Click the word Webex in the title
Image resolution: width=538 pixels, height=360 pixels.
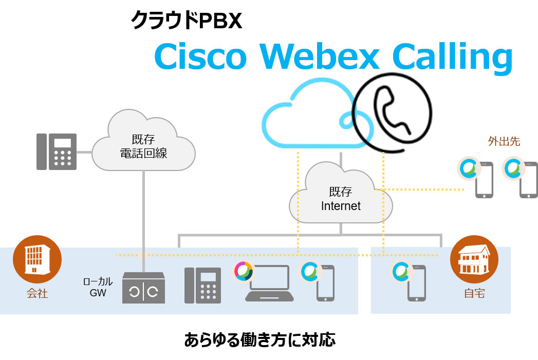tap(319, 56)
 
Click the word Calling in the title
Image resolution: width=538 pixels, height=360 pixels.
tap(452, 58)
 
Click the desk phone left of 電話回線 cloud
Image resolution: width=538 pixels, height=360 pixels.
tap(57, 151)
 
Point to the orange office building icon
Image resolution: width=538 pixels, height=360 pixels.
tap(37, 259)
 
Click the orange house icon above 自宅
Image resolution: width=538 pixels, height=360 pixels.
tap(474, 259)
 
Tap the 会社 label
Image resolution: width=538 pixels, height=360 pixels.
tap(37, 294)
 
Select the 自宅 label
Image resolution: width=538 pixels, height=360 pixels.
tap(474, 294)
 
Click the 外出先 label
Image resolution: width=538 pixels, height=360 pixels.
tap(504, 141)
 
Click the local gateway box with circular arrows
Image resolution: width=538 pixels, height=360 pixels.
tap(143, 289)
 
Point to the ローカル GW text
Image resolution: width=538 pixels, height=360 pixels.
tap(98, 287)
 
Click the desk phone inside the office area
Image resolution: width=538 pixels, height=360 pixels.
tap(202, 286)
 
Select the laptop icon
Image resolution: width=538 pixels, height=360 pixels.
tap(269, 283)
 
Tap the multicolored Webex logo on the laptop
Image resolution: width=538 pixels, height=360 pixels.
tap(244, 271)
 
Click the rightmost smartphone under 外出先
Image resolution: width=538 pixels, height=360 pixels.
tap(528, 180)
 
